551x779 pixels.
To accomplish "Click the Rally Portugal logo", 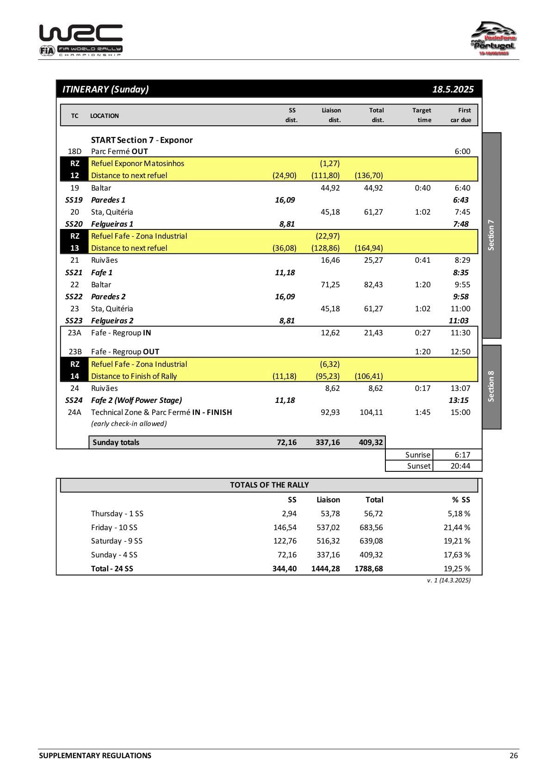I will click(x=494, y=39).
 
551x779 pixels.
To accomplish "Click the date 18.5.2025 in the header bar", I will click(x=452, y=89).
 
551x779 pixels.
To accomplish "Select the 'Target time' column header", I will click(x=421, y=115).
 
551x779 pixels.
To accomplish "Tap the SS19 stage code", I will click(x=74, y=200).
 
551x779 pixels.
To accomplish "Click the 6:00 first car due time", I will click(x=462, y=151).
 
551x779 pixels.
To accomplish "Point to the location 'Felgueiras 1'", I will click(x=112, y=224).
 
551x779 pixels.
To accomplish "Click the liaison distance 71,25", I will click(x=330, y=284).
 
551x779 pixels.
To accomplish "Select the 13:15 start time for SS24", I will click(x=458, y=400).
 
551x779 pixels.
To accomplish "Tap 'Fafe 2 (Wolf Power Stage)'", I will click(x=136, y=400).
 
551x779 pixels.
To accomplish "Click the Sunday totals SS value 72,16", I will click(x=286, y=442).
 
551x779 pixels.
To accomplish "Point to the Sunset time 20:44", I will click(x=460, y=466).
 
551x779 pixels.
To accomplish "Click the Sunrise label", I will click(x=418, y=455).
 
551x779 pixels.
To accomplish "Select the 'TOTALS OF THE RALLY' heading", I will click(x=269, y=485).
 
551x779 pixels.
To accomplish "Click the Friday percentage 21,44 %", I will click(x=457, y=527).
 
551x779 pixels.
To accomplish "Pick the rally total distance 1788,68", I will click(x=368, y=569).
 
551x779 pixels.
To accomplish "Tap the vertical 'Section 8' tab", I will click(x=491, y=386).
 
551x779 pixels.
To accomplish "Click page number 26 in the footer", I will click(x=514, y=755).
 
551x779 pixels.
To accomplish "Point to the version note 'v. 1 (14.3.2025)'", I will click(x=448, y=580).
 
